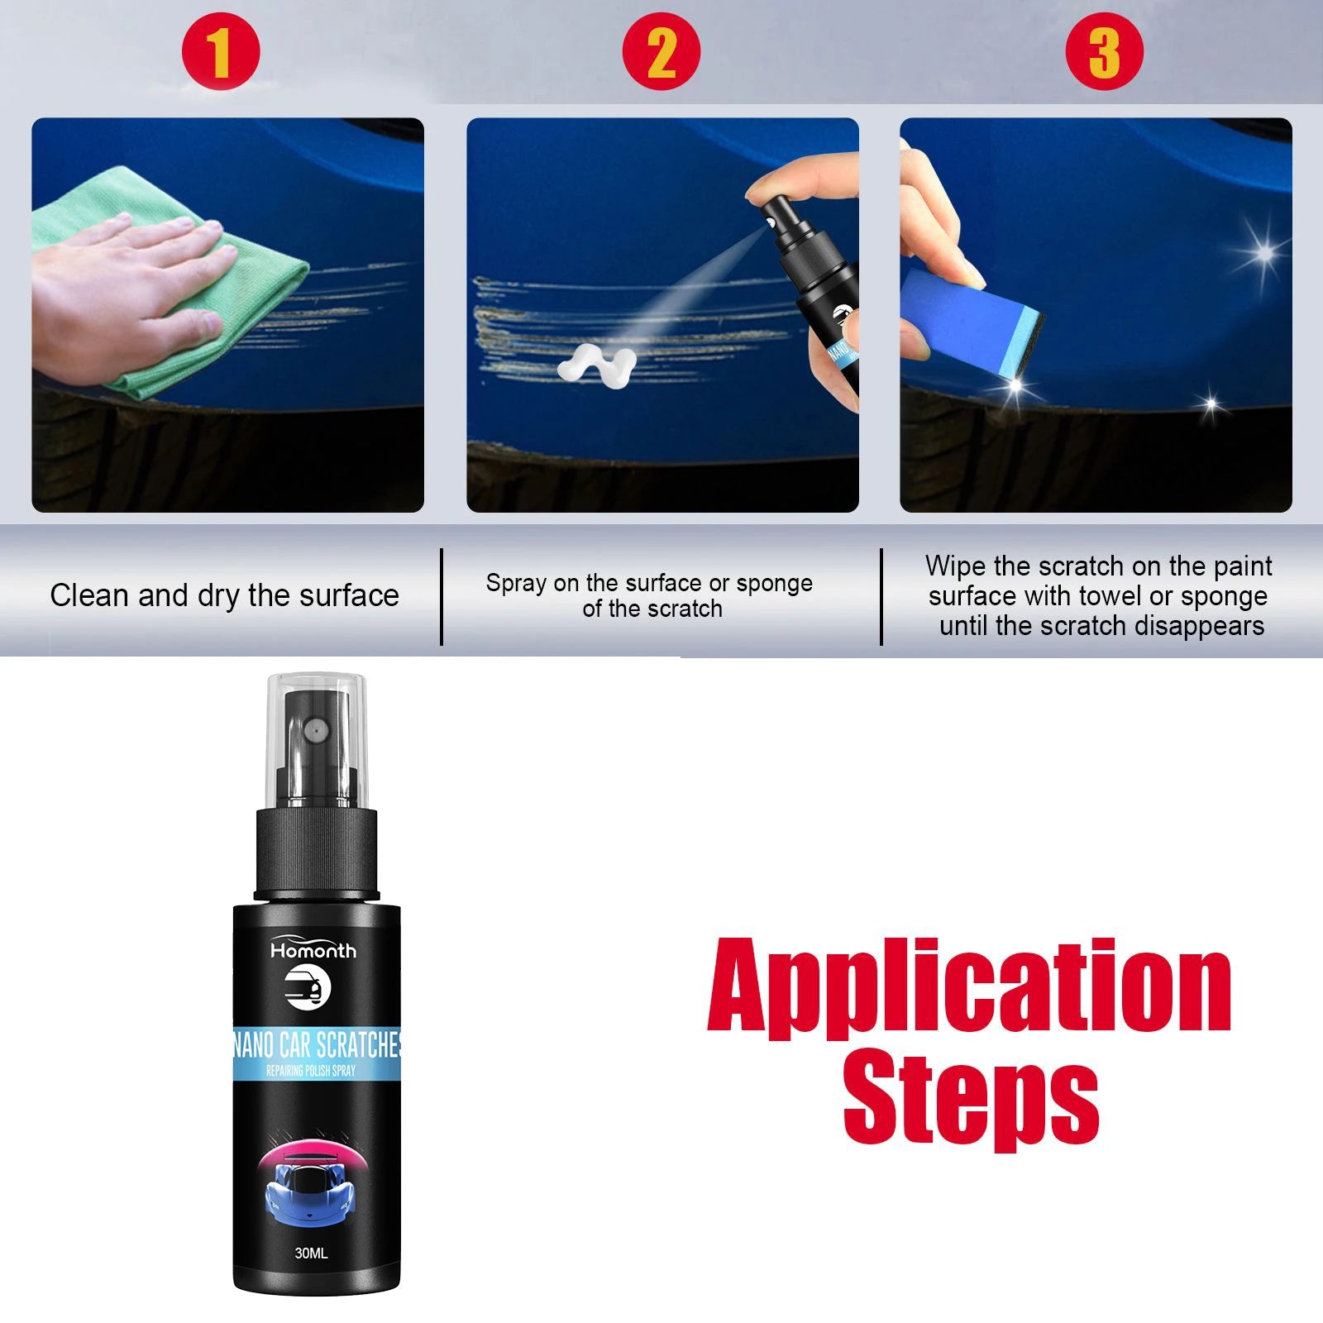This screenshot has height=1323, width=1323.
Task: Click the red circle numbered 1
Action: pyautogui.click(x=221, y=52)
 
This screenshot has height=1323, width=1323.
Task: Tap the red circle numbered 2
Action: pyautogui.click(x=661, y=52)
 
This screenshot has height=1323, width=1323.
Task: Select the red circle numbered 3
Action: pyautogui.click(x=1104, y=52)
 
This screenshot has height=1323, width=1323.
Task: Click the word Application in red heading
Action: pyautogui.click(x=969, y=987)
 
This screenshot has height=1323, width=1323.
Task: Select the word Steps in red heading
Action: pyautogui.click(x=971, y=1096)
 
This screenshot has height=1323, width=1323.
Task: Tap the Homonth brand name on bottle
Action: pyautogui.click(x=313, y=951)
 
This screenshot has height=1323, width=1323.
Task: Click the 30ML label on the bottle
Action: pyautogui.click(x=311, y=1254)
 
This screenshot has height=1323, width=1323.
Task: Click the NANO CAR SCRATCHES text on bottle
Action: pyautogui.click(x=317, y=1045)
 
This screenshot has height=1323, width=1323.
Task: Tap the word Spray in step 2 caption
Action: pyautogui.click(x=517, y=585)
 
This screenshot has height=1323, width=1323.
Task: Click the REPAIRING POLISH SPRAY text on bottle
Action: pyautogui.click(x=311, y=1071)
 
